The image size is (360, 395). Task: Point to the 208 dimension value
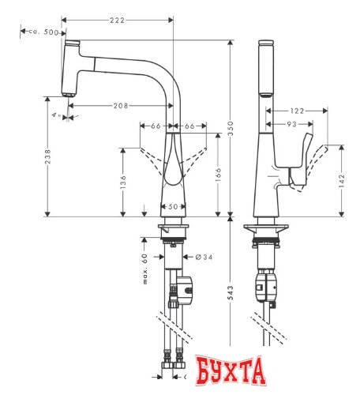click(x=121, y=105)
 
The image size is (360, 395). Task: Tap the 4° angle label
click(x=55, y=115)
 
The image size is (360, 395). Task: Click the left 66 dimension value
click(x=155, y=125)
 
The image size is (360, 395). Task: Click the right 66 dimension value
click(x=190, y=125)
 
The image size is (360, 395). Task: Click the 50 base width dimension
click(x=172, y=206)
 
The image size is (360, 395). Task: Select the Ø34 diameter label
click(x=201, y=256)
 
